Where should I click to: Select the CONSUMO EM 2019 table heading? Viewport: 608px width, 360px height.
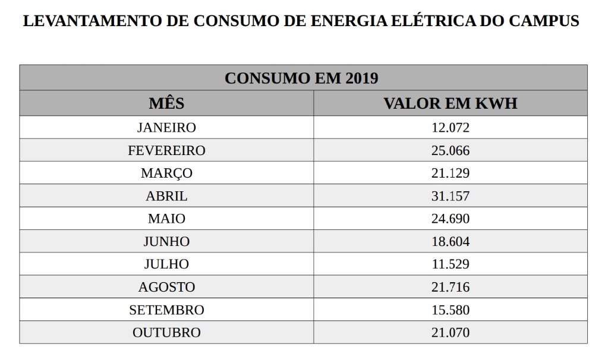point(301,78)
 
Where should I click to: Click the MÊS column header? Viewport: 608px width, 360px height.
point(166,103)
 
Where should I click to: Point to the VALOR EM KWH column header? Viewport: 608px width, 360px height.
point(450,103)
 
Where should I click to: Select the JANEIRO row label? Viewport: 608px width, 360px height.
point(166,128)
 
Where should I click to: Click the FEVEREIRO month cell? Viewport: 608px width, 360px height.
point(166,151)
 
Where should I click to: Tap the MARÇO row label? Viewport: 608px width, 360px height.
point(166,173)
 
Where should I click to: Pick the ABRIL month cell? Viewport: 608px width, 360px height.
point(166,196)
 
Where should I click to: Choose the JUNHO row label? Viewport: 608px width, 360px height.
point(166,242)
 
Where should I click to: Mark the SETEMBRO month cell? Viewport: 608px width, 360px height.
point(166,310)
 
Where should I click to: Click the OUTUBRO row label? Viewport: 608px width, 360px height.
point(166,333)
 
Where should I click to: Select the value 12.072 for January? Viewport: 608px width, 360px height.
point(450,128)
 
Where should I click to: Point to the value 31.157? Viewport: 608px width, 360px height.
point(450,196)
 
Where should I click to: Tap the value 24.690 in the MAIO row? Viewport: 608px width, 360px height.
point(450,219)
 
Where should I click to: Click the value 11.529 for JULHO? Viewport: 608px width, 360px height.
point(450,264)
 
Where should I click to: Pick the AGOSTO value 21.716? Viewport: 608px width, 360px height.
point(450,288)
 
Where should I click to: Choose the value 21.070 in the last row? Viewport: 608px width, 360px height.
point(450,333)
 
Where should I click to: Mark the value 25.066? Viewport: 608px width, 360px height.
point(450,151)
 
